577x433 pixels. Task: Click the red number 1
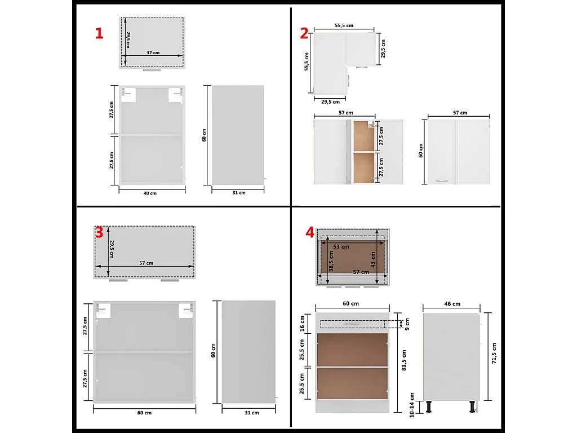pos(99,33)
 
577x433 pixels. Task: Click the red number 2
pos(304,34)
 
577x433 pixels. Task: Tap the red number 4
pos(309,232)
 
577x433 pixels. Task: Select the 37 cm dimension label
pos(153,52)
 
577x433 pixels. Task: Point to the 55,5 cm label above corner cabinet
pos(344,25)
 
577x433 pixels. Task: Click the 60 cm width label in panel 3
pos(144,413)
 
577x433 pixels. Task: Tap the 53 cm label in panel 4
pos(341,246)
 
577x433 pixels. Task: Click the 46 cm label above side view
pos(452,304)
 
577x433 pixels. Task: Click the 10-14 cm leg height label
pos(412,405)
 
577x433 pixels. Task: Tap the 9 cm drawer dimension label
pos(405,323)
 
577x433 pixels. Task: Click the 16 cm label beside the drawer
pos(302,323)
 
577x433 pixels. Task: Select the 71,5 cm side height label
pos(494,354)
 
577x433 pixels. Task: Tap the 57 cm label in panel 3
pos(145,263)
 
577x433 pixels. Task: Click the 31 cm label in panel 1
pos(238,193)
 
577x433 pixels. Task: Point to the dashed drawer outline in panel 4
pos(352,324)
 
